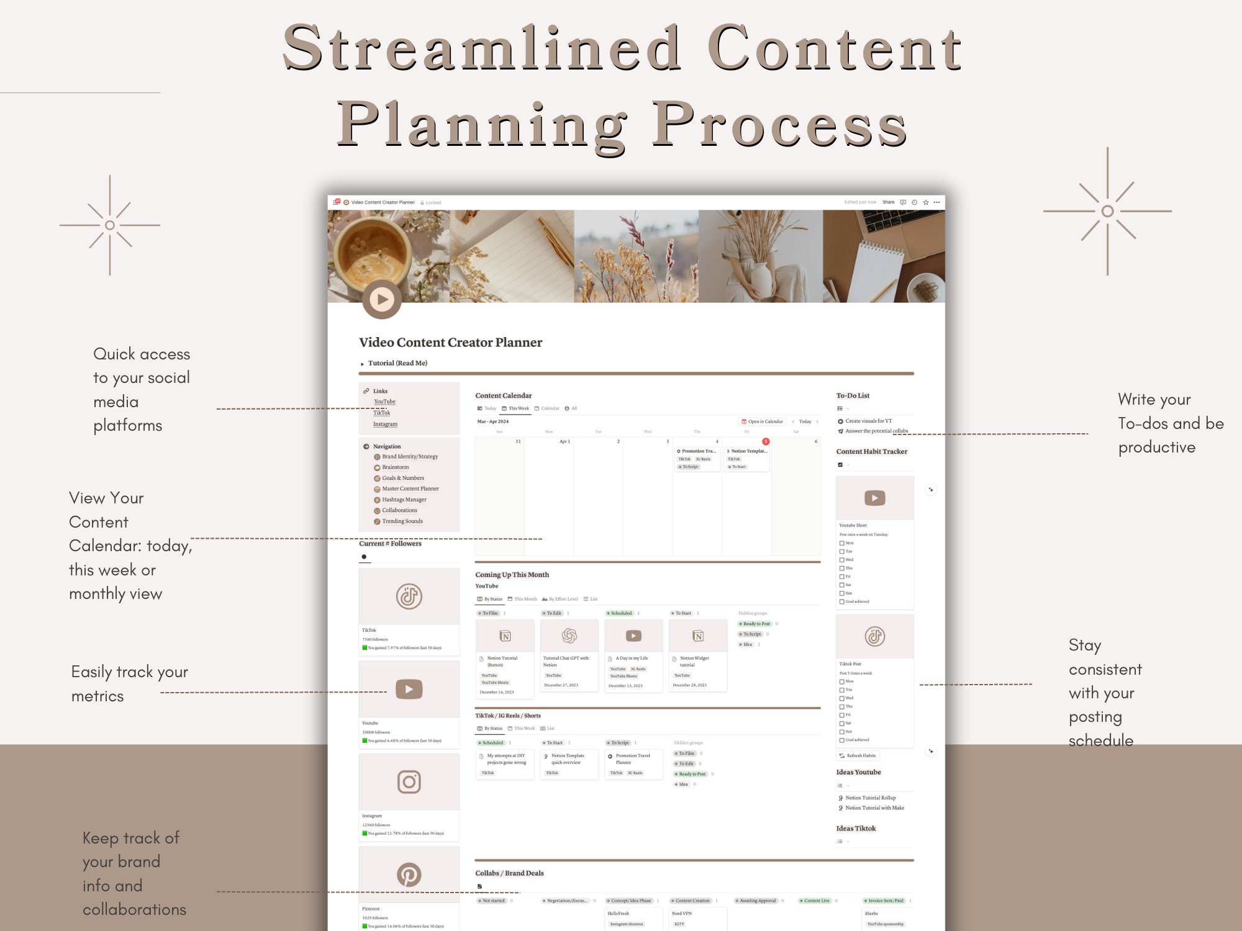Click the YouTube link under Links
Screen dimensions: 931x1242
(384, 402)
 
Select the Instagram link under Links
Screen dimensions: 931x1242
(385, 425)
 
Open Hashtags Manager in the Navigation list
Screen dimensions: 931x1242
(404, 500)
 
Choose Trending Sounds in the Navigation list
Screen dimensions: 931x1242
(402, 521)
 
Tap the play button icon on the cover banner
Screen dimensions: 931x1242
(381, 300)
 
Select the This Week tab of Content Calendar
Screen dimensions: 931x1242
(515, 408)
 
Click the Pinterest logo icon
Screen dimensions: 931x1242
(409, 875)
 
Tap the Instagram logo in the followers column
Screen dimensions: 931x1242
(409, 782)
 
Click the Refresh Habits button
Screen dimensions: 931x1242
(858, 756)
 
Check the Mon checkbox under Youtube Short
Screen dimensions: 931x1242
(841, 543)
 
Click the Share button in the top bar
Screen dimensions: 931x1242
(889, 202)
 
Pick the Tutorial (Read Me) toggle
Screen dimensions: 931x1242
(397, 363)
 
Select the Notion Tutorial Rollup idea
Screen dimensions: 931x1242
(870, 798)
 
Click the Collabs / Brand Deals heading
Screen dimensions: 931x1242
(509, 873)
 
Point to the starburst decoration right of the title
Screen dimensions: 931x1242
(1107, 211)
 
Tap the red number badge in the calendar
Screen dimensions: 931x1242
(766, 441)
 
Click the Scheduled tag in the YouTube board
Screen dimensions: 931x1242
(620, 613)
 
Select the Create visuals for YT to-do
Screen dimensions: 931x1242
(868, 421)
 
